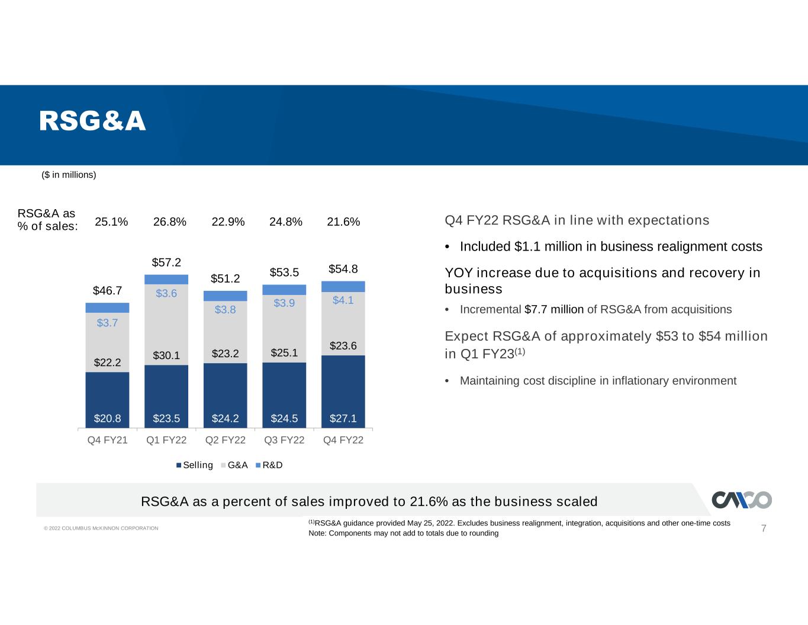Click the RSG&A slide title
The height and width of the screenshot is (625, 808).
pos(92,121)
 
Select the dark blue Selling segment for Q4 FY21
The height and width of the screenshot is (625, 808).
pos(107,400)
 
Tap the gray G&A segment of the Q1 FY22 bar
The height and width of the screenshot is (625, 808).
pos(166,325)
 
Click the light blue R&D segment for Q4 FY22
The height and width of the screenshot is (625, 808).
pos(343,287)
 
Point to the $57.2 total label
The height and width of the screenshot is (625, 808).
pos(166,262)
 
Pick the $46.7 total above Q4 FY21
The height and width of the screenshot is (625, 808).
pos(107,290)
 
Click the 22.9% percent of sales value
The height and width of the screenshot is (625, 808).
pos(228,222)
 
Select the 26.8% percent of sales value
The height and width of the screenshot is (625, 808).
pos(169,222)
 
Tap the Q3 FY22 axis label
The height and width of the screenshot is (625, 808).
pos(284,440)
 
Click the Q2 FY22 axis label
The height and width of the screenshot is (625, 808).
pos(226,440)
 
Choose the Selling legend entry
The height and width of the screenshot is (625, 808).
pos(195,465)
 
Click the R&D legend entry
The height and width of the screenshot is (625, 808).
pos(269,465)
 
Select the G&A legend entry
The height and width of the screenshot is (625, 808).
pos(234,465)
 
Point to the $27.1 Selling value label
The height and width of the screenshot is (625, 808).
pos(343,418)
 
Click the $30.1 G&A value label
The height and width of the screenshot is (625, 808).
pos(166,355)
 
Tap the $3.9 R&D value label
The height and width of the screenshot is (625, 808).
pos(284,303)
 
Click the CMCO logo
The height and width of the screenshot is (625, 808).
pos(742,500)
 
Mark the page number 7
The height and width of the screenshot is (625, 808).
pos(764,528)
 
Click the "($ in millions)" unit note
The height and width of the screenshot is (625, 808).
pos(69,175)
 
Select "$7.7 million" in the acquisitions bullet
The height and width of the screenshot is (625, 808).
pos(553,309)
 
